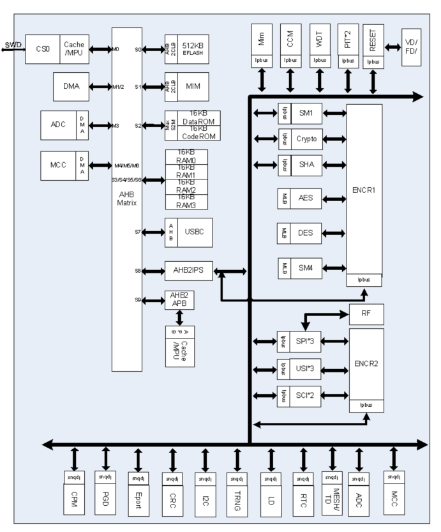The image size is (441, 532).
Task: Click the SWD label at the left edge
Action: click(11, 44)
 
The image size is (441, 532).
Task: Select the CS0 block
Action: click(43, 49)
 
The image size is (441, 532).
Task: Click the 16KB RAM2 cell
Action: click(195, 185)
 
